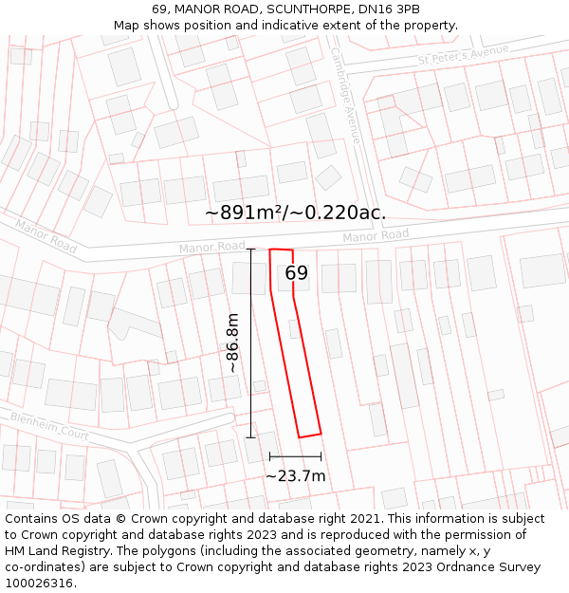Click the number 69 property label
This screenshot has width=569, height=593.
(297, 273)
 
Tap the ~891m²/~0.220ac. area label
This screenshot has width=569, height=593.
(296, 213)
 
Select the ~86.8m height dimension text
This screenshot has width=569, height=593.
(232, 343)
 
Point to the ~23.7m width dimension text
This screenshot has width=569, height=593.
(295, 475)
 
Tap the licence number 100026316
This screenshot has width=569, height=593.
(40, 583)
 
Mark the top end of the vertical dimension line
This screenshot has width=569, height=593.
(251, 250)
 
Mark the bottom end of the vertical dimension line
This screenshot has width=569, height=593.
(251, 437)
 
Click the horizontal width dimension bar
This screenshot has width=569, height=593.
(295, 456)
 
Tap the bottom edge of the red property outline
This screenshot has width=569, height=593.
(310, 435)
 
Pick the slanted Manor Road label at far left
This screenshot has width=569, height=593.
(46, 235)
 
